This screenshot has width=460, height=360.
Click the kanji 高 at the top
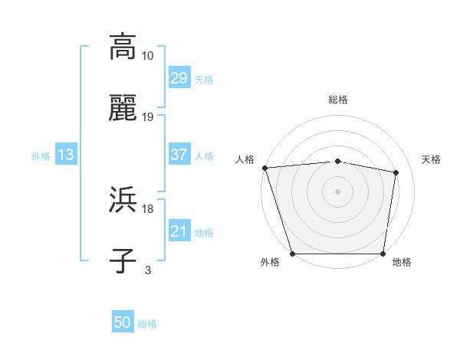pyautogui.click(x=123, y=46)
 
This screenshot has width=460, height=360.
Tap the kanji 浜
pyautogui.click(x=123, y=201)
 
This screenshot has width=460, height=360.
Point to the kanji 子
pyautogui.click(x=123, y=260)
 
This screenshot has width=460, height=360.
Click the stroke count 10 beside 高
pyautogui.click(x=148, y=55)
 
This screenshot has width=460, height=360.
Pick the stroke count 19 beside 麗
pyautogui.click(x=148, y=117)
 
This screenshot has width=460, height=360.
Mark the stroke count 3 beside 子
pyautogui.click(x=148, y=270)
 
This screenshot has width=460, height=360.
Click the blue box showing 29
pyautogui.click(x=179, y=78)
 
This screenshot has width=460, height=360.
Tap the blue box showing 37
pyautogui.click(x=179, y=155)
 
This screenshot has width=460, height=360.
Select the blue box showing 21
pyautogui.click(x=179, y=231)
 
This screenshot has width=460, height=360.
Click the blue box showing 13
pyautogui.click(x=66, y=155)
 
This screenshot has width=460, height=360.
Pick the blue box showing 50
pyautogui.click(x=123, y=323)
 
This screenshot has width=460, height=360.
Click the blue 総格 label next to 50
pyautogui.click(x=147, y=324)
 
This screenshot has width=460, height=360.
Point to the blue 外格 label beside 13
pyautogui.click(x=41, y=155)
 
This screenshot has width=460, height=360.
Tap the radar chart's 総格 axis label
pyautogui.click(x=338, y=100)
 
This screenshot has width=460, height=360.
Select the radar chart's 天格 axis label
pyautogui.click(x=432, y=159)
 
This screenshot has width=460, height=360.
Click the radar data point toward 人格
pyautogui.click(x=265, y=168)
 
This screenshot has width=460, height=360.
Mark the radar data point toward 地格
pyautogui.click(x=383, y=253)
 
